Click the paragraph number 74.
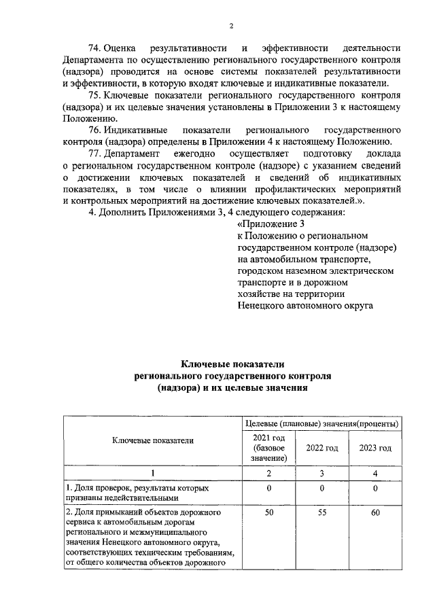pyautogui.click(x=96, y=48)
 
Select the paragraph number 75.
pyautogui.click(x=96, y=95)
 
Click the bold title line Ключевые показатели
pyautogui.click(x=230, y=365)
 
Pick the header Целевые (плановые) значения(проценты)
pyautogui.click(x=321, y=424)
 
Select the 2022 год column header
pyautogui.click(x=321, y=448)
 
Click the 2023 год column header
pyautogui.click(x=375, y=448)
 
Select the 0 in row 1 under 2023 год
pyautogui.click(x=375, y=488)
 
